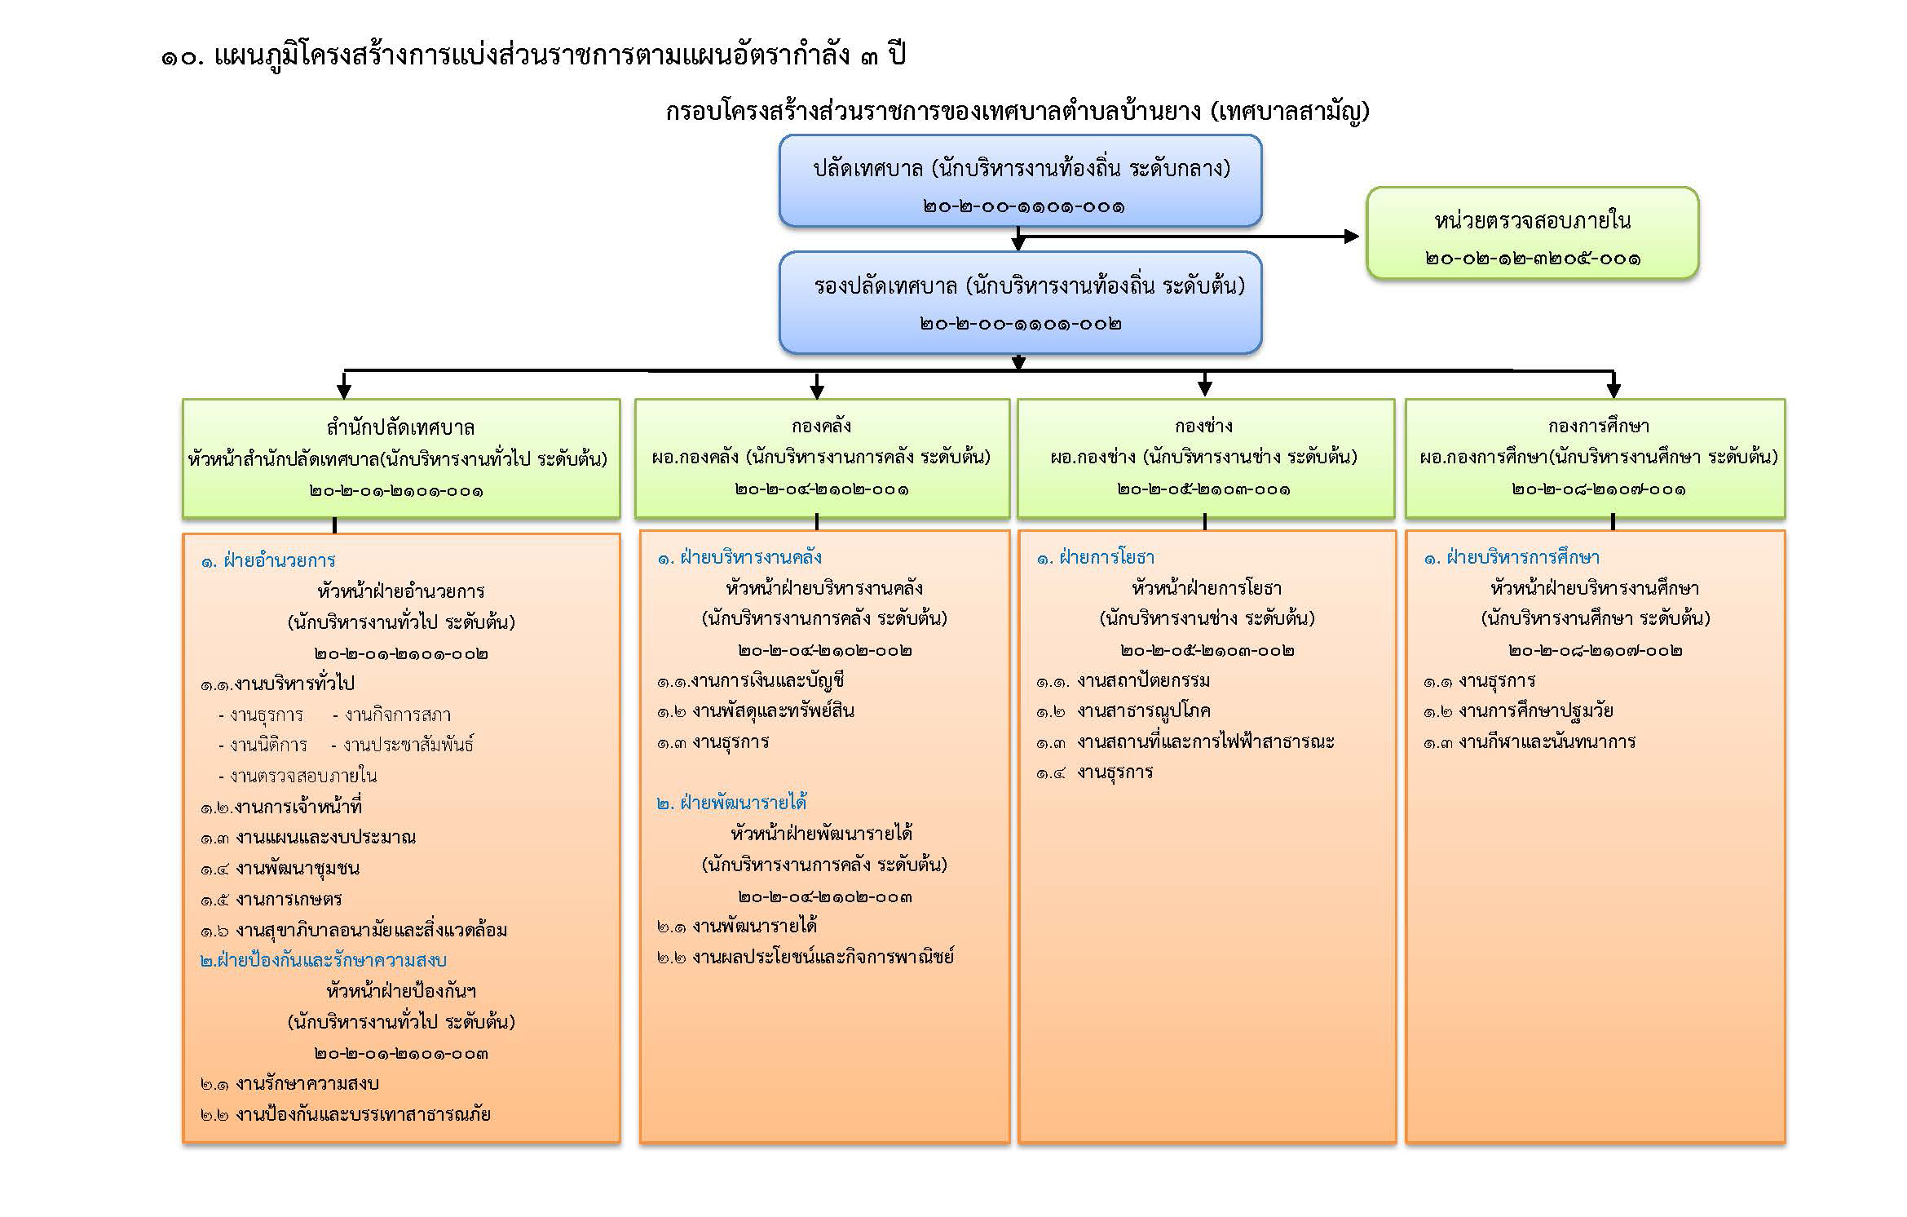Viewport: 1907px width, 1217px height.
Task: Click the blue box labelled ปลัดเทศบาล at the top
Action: tap(1020, 180)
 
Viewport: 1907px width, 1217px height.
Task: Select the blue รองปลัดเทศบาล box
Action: tap(1020, 302)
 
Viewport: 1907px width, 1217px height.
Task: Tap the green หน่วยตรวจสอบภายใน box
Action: tap(1532, 233)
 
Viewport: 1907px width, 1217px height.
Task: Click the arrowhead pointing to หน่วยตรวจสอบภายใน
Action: tap(1352, 237)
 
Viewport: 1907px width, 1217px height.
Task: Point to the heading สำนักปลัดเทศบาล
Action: tap(400, 427)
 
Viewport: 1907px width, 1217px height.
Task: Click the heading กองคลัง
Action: tap(821, 426)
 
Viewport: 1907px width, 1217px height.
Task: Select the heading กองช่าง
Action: tap(1203, 426)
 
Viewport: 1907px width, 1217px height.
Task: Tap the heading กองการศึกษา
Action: tap(1598, 426)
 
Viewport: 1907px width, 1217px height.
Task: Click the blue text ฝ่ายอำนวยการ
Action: tap(280, 560)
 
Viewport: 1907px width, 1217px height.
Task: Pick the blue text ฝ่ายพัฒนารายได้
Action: tap(744, 803)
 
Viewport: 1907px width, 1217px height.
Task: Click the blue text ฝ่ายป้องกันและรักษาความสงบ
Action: tap(331, 960)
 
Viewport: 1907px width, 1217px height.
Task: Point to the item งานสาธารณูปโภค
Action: tap(1143, 711)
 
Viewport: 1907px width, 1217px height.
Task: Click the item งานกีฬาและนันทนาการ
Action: tap(1547, 741)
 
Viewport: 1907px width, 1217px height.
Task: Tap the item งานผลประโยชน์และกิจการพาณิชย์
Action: tap(823, 956)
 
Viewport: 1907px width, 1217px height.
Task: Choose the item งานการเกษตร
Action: tap(289, 899)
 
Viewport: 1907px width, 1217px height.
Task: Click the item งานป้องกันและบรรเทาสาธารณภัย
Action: tap(363, 1114)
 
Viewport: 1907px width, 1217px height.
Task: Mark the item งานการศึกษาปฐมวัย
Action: tap(1536, 710)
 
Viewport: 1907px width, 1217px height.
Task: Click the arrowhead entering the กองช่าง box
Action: tap(1205, 388)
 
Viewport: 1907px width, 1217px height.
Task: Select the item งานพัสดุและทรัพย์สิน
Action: tap(773, 711)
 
